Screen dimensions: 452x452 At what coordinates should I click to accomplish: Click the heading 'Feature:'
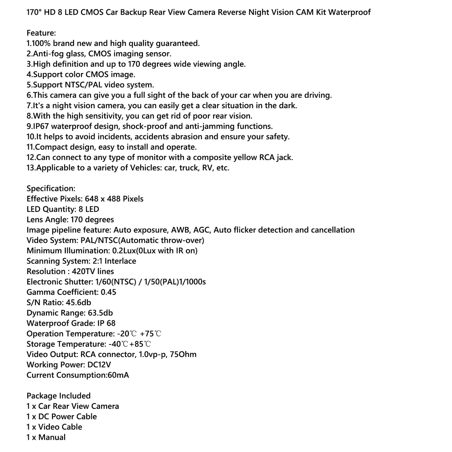click(x=41, y=33)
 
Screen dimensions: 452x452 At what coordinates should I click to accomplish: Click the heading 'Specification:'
click(x=51, y=189)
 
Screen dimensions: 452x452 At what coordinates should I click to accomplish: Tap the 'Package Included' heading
click(x=58, y=396)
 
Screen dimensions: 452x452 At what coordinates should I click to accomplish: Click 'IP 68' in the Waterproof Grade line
click(x=106, y=323)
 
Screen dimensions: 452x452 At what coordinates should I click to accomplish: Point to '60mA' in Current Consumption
click(x=118, y=375)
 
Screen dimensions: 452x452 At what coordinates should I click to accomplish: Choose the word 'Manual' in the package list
click(x=52, y=437)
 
